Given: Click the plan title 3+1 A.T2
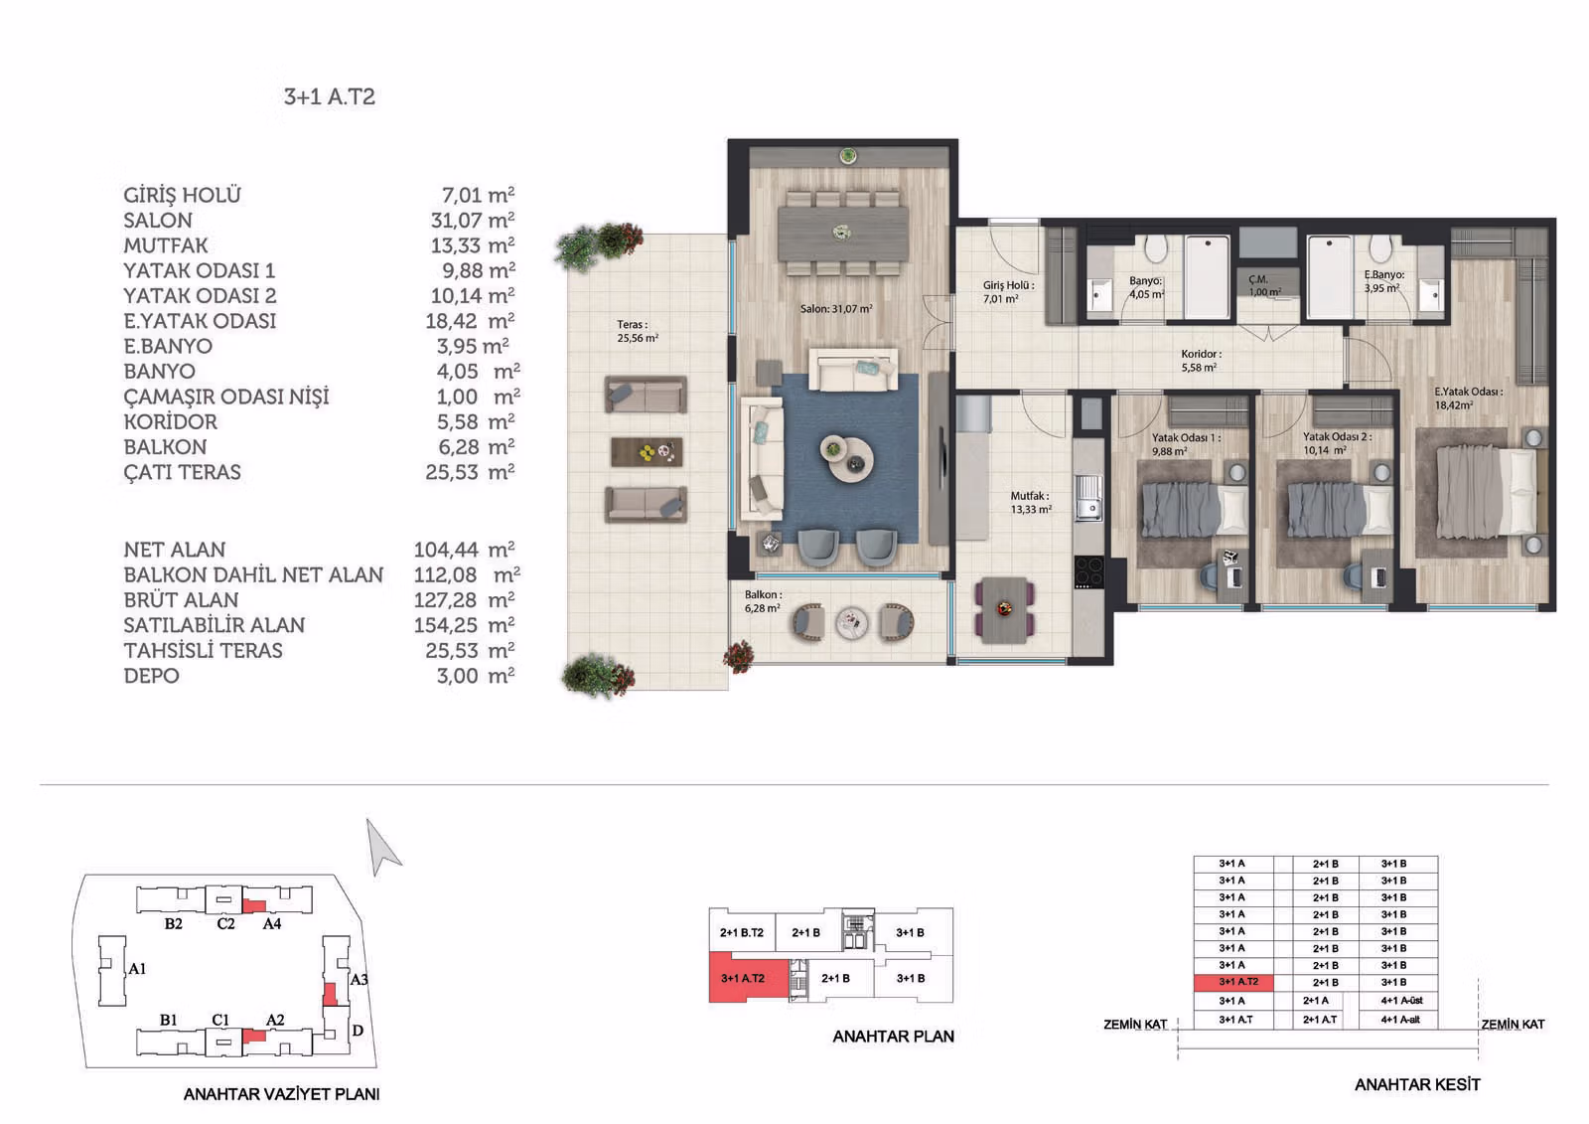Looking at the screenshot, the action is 329,96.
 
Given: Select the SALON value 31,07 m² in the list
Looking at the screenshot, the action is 473,220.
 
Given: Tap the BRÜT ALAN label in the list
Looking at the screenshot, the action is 181,600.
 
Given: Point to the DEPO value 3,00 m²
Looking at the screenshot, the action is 476,675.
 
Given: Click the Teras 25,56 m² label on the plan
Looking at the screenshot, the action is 637,331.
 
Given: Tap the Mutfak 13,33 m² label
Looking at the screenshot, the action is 1031,503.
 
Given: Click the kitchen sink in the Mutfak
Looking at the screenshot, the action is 1087,497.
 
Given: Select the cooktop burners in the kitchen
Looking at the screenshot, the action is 1088,571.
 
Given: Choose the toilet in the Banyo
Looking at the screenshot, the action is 1156,249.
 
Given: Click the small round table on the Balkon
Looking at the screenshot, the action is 851,623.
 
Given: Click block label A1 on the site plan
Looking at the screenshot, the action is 138,969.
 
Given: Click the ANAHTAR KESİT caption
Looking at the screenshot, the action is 1417,1084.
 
